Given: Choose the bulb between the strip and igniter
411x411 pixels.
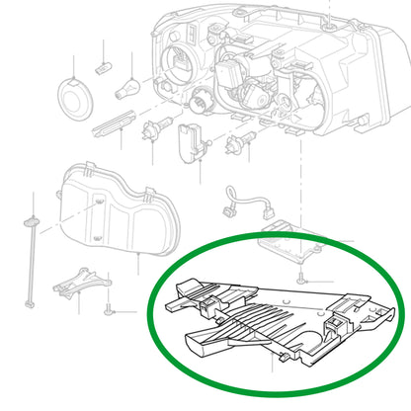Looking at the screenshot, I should [154, 129].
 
